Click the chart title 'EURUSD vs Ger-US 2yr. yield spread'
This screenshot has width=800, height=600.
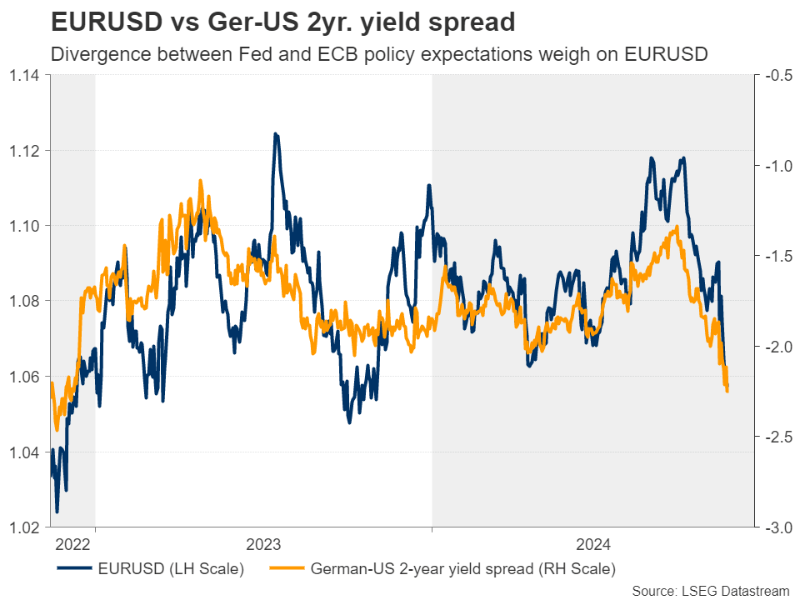(282, 22)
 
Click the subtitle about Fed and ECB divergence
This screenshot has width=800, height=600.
(379, 56)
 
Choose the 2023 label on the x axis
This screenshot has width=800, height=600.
(263, 545)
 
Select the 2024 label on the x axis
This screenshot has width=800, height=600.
(592, 545)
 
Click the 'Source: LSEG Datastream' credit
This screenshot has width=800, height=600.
(710, 590)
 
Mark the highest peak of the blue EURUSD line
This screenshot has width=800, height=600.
(275, 133)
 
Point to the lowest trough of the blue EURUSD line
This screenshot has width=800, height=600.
(57, 512)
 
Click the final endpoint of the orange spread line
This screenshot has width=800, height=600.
(727, 391)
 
